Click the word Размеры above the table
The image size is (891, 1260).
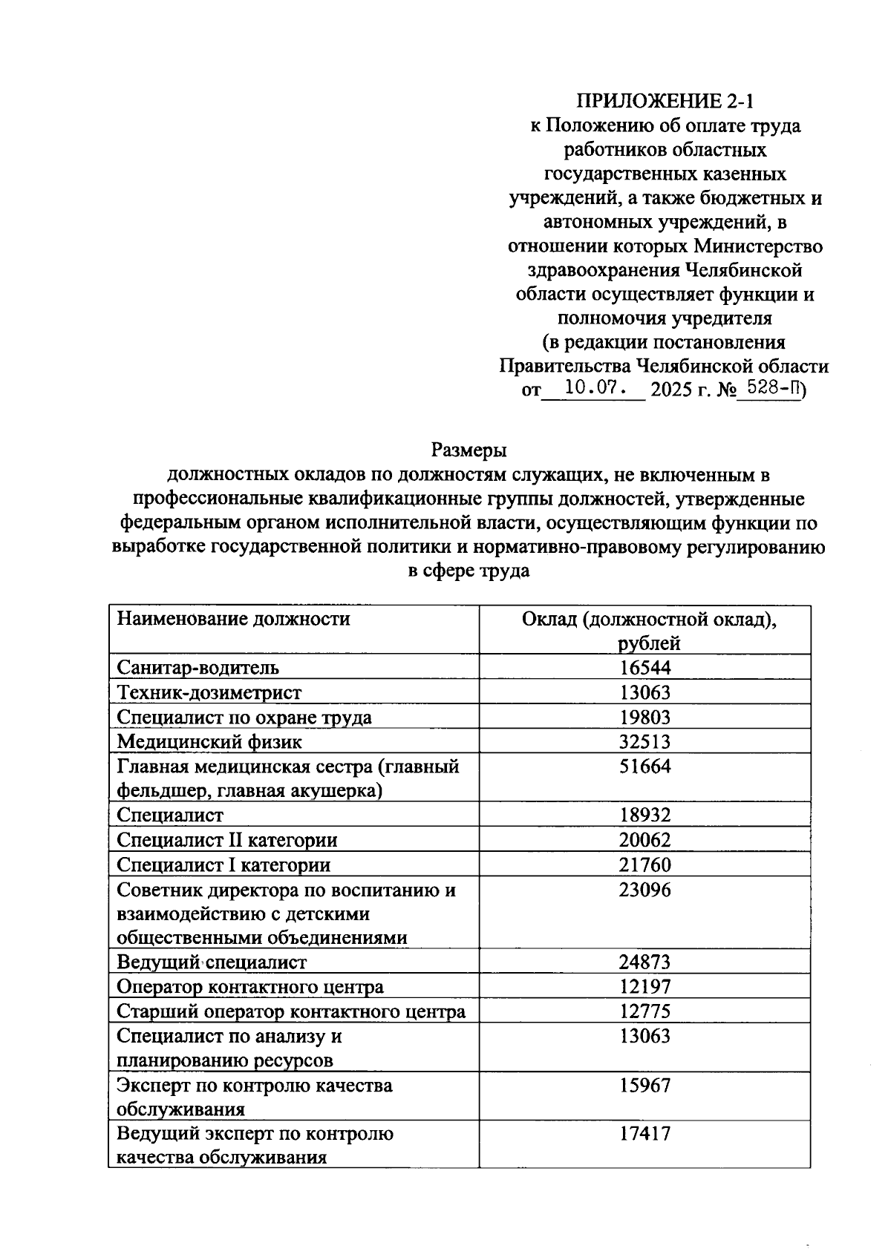click(x=469, y=450)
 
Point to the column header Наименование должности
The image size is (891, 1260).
click(x=233, y=619)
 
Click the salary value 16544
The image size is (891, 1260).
click(x=644, y=668)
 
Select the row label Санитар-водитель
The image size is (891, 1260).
click(x=198, y=668)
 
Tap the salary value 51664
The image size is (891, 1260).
click(x=644, y=767)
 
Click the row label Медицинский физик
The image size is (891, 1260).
click(x=209, y=741)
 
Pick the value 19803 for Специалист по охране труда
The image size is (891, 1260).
click(x=644, y=717)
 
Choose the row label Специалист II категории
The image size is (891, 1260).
click(x=227, y=840)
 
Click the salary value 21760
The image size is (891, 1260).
click(x=644, y=864)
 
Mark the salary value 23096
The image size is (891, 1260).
click(x=644, y=890)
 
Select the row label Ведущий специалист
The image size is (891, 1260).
click(x=212, y=963)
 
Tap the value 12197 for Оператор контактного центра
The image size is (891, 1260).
click(x=644, y=988)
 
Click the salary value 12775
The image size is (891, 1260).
click(x=644, y=1012)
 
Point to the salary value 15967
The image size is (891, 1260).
click(x=644, y=1086)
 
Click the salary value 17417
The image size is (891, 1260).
click(x=644, y=1134)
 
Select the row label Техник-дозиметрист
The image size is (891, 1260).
click(x=209, y=692)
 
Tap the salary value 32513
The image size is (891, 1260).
click(x=644, y=741)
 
